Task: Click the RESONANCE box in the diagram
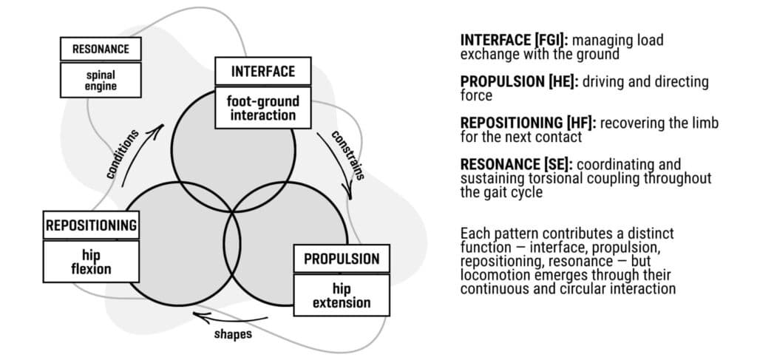(101, 49)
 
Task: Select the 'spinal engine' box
(101, 80)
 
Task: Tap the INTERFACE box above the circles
(263, 71)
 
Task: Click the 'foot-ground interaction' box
(263, 108)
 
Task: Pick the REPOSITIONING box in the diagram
(91, 225)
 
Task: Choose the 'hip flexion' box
(91, 262)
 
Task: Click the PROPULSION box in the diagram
(342, 259)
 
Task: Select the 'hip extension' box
(342, 296)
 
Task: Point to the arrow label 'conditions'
(122, 154)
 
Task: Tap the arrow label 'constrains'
(347, 155)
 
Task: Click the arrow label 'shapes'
(233, 333)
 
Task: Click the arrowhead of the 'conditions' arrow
(160, 128)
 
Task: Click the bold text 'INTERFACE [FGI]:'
(515, 41)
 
